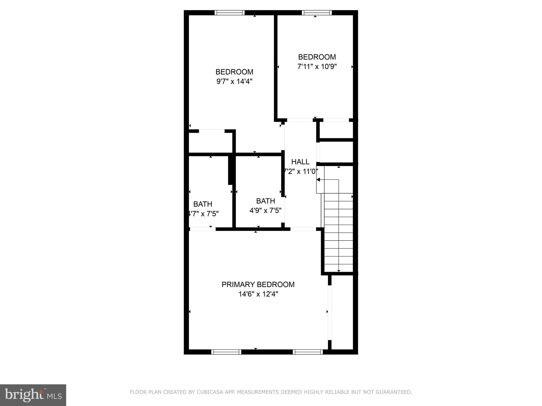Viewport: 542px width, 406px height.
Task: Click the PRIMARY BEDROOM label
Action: click(258, 284)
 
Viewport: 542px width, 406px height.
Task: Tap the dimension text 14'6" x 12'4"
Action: click(258, 294)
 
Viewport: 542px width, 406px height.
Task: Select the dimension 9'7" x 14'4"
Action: click(234, 81)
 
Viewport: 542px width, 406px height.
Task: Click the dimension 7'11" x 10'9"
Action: click(317, 67)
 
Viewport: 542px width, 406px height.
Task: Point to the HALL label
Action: click(300, 162)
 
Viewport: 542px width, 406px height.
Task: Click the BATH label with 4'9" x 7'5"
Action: click(265, 201)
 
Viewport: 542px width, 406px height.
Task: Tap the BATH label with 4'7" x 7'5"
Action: click(202, 204)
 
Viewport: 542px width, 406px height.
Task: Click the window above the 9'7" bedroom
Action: click(229, 13)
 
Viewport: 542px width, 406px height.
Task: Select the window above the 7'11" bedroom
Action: click(317, 13)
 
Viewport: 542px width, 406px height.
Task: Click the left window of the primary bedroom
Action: click(226, 352)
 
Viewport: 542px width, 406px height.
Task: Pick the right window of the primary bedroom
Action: click(308, 352)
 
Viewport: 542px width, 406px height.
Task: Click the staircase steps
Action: click(338, 233)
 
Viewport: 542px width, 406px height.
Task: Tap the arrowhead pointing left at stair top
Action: click(318, 180)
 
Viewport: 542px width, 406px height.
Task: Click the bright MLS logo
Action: click(33, 395)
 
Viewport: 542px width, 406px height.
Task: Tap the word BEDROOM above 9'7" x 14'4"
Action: click(234, 72)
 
